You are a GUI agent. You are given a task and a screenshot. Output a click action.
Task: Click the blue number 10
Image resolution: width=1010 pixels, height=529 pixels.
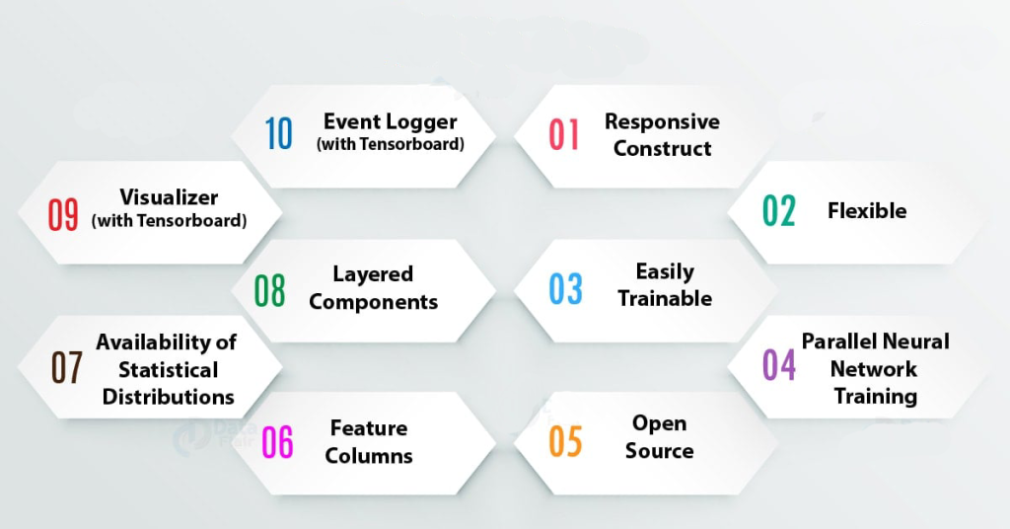point(279,133)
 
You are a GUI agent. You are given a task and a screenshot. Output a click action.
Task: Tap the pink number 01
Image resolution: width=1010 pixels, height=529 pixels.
point(563,134)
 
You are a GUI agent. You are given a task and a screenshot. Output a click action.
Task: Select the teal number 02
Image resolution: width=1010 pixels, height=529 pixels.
point(779,210)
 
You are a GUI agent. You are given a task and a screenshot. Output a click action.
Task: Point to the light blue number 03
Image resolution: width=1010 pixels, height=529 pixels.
point(565,288)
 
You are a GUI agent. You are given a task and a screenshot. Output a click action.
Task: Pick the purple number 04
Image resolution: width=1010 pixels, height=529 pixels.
point(779,365)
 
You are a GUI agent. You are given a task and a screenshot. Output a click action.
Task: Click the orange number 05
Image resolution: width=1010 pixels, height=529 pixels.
point(565,441)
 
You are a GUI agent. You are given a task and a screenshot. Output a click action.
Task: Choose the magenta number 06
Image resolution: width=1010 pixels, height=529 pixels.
point(277,442)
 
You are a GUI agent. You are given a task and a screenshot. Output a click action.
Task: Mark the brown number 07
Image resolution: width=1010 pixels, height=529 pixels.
point(66,367)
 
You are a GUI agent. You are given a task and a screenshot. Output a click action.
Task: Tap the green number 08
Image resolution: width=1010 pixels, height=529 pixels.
point(269,290)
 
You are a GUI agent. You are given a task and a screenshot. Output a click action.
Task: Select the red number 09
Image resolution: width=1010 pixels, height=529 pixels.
point(63,214)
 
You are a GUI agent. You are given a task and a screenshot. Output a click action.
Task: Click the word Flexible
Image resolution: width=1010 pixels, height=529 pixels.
point(867,210)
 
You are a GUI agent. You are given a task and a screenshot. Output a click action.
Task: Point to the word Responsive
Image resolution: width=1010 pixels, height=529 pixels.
point(662,121)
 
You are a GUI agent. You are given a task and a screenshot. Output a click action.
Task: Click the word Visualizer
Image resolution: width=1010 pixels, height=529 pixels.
point(169,197)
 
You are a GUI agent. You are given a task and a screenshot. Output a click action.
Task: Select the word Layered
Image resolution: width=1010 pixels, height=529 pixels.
point(373,274)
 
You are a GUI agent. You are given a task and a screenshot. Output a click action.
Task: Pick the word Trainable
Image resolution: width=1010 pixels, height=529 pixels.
point(665,298)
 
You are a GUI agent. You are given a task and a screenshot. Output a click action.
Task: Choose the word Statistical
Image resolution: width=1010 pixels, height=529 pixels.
point(168,370)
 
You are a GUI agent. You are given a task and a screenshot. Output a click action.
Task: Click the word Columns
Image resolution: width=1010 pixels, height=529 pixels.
point(369,456)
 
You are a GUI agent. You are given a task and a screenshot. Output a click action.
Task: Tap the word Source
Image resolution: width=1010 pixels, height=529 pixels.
point(660,450)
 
